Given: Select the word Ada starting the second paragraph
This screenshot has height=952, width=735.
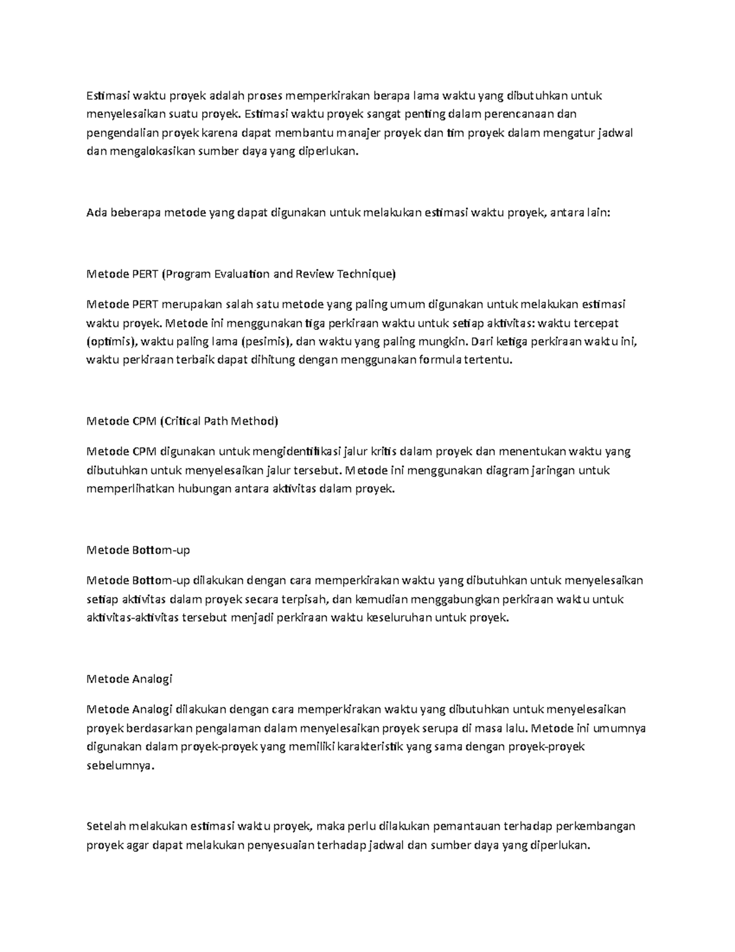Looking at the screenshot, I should point(97,213).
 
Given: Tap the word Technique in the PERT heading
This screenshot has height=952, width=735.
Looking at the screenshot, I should point(366,274).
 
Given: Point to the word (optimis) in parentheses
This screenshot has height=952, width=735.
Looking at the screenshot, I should point(108,341).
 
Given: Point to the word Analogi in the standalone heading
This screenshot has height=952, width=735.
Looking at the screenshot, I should point(153,679).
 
